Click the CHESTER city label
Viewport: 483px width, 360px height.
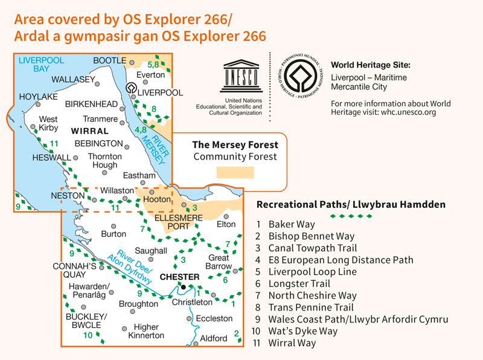point(179,277)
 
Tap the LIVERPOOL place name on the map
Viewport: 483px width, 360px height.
point(160,92)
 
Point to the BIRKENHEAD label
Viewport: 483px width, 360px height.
point(92,104)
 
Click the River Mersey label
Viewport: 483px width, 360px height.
point(153,144)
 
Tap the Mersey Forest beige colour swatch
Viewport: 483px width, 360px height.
point(235,173)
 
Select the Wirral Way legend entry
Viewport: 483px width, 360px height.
point(292,343)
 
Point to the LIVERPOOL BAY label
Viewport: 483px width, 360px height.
point(42,64)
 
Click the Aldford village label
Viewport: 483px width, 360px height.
point(213,339)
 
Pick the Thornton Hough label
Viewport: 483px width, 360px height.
point(104,161)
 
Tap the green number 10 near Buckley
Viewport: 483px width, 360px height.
point(89,335)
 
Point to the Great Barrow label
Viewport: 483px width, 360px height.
point(219,262)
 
